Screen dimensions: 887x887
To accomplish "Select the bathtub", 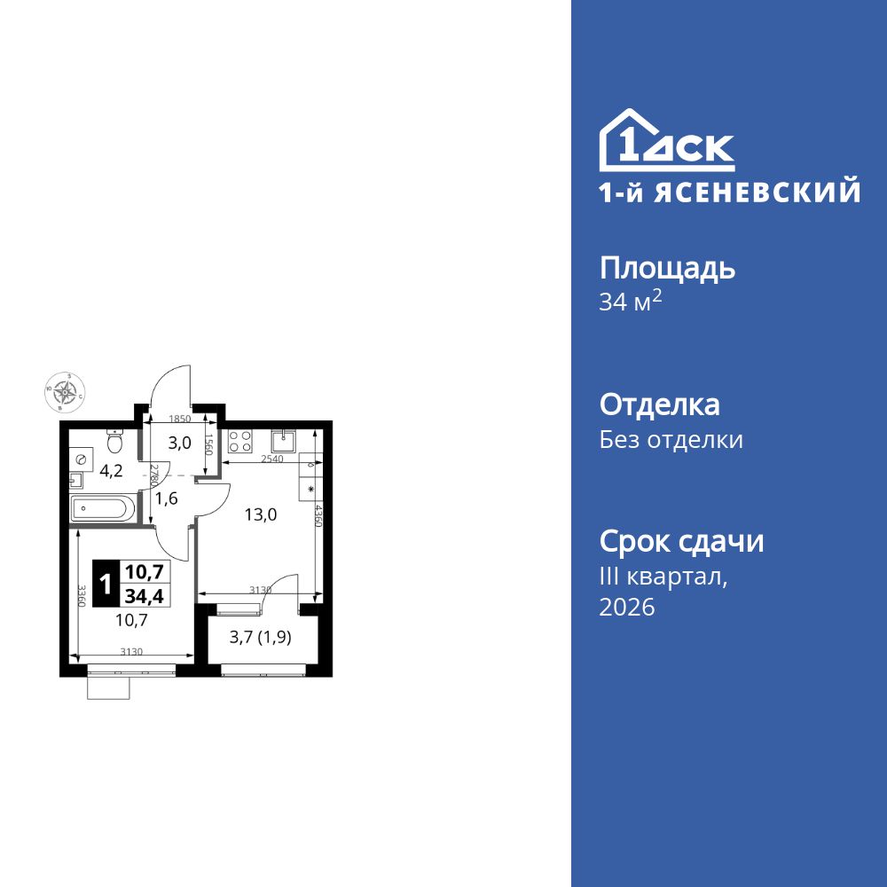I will [x=103, y=509].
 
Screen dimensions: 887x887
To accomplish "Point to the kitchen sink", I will [x=287, y=438].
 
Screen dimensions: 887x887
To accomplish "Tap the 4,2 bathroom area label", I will [x=111, y=471].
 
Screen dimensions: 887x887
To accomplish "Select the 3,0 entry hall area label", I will [x=180, y=443].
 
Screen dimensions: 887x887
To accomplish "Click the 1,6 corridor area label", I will [x=167, y=498].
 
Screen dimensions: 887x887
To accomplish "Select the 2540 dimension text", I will [x=271, y=459].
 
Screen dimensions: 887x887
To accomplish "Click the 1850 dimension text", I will [x=180, y=419].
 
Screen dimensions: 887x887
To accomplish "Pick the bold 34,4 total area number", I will [x=144, y=595].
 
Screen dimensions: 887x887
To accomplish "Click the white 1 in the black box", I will [x=106, y=585].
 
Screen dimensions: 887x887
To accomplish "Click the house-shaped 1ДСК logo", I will [x=667, y=141].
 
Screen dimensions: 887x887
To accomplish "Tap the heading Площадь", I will [x=667, y=268].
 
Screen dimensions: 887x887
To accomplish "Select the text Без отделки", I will [x=671, y=440].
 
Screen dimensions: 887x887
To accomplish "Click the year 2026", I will [x=627, y=608].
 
